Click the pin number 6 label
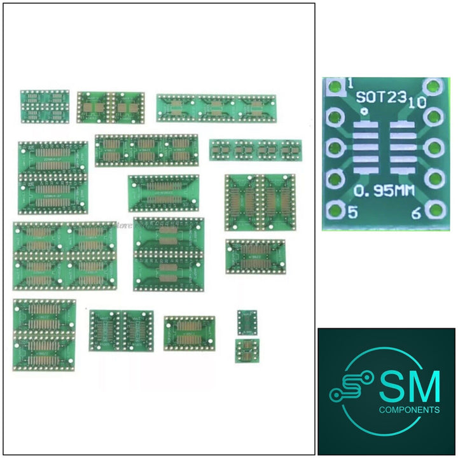[x=415, y=214]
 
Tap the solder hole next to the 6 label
[x=434, y=209]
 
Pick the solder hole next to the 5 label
[x=334, y=210]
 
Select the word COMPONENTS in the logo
[x=409, y=410]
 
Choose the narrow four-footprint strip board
[x=254, y=150]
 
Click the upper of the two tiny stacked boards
[x=246, y=323]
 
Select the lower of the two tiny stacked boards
[x=246, y=350]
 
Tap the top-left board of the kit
[x=45, y=106]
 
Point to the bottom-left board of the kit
[x=44, y=335]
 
